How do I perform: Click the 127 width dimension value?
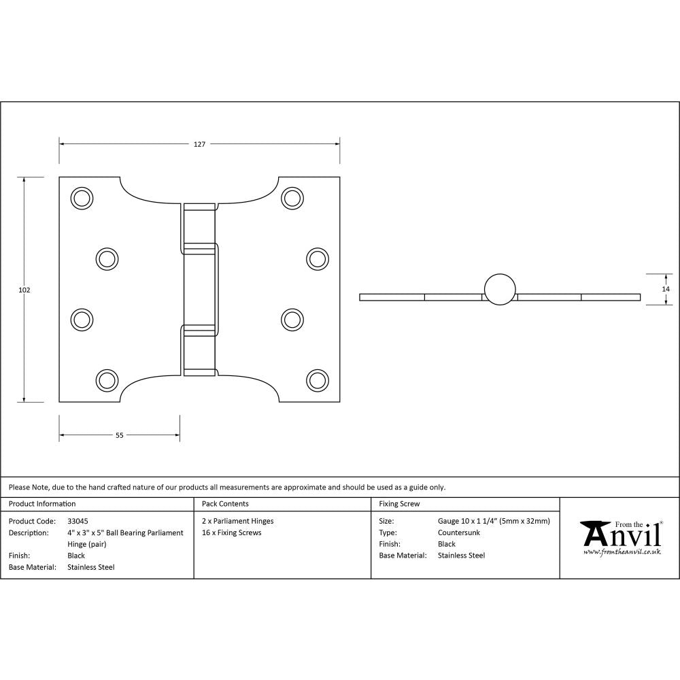click(x=199, y=144)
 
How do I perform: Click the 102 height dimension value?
click(x=24, y=290)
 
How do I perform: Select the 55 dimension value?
click(x=120, y=436)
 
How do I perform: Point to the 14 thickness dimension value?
click(x=666, y=289)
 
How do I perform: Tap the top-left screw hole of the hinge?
click(x=82, y=198)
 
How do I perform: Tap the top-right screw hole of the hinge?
click(x=292, y=198)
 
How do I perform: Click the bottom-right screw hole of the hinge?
click(x=316, y=379)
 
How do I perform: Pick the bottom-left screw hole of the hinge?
click(x=106, y=379)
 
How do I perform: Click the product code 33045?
click(x=78, y=521)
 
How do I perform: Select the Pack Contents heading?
click(x=225, y=504)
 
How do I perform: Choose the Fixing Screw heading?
click(x=399, y=504)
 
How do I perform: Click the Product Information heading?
click(x=42, y=504)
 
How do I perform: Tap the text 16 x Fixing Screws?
click(x=232, y=532)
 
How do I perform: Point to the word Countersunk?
click(x=459, y=532)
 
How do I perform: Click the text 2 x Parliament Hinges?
click(x=238, y=521)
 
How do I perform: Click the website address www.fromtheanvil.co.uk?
click(x=622, y=552)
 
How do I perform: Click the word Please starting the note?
click(x=19, y=487)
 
